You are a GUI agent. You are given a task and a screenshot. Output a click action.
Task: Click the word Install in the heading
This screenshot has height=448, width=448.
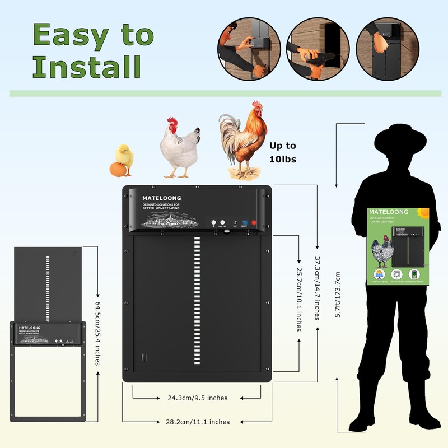tap(87, 66)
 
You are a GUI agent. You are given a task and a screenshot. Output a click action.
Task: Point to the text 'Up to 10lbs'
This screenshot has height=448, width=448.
tap(283, 152)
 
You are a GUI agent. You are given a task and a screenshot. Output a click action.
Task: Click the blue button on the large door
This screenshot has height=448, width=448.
tap(245, 223)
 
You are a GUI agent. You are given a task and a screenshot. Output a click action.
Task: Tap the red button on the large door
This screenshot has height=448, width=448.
tap(254, 223)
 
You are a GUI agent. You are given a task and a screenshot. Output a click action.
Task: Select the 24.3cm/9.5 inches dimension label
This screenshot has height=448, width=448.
tap(198, 398)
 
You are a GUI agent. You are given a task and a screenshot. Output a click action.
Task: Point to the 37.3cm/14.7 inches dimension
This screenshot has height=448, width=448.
tap(318, 288)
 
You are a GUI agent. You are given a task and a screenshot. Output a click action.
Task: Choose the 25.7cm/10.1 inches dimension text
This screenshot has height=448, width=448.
tap(299, 300)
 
